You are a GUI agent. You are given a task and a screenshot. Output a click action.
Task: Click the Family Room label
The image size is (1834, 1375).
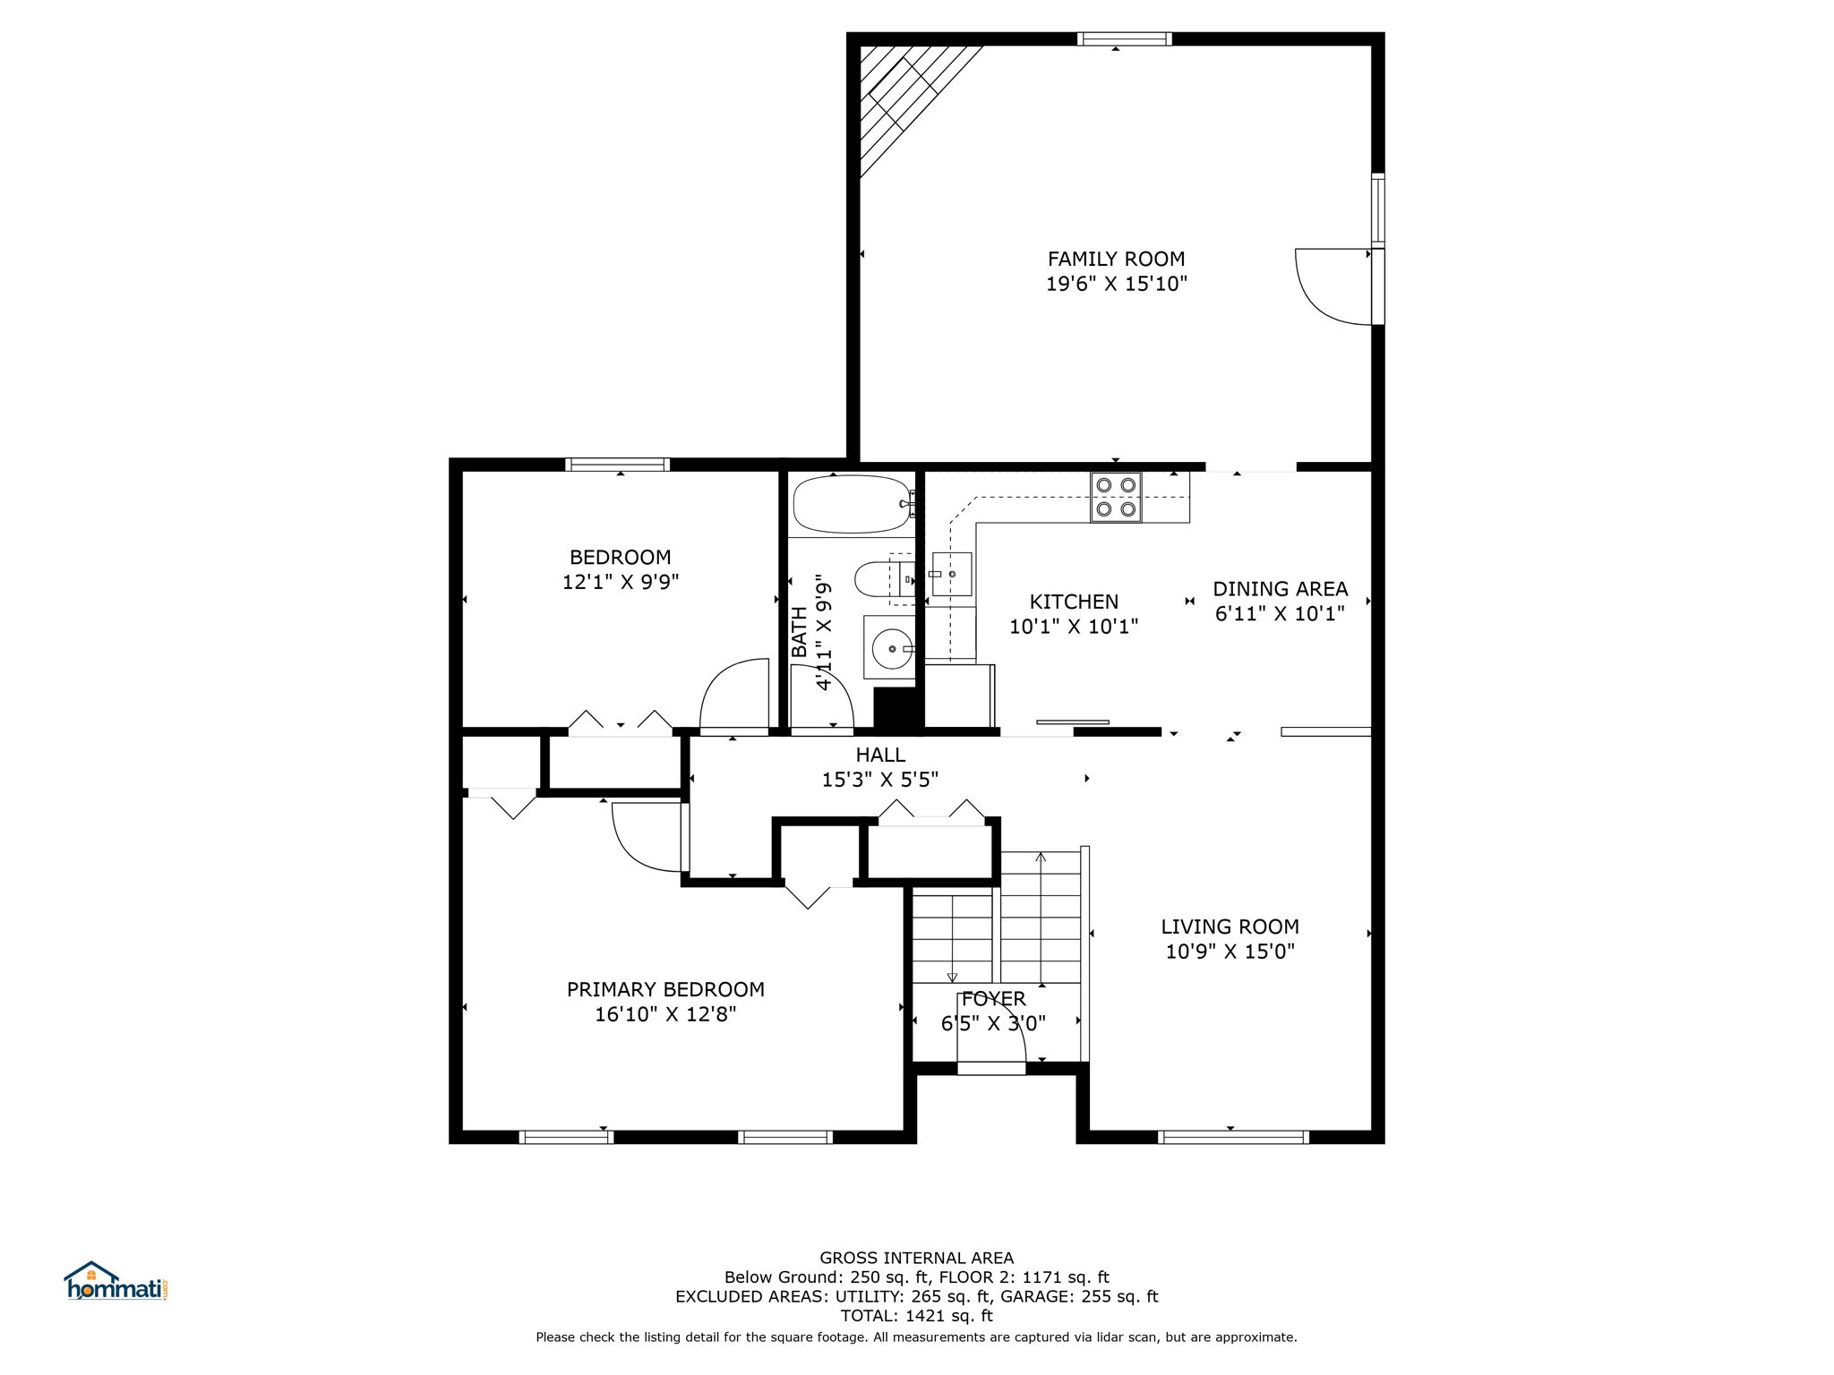[1116, 259]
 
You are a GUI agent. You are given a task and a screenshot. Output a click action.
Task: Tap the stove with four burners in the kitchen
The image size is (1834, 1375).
[1116, 497]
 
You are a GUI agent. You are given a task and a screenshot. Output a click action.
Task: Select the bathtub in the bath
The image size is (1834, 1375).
[853, 504]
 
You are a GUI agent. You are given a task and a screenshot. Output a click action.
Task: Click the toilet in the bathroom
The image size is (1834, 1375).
[885, 578]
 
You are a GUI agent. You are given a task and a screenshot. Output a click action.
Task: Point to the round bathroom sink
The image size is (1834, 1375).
[890, 646]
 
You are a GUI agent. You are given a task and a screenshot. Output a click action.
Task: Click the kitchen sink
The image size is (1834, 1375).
[951, 574]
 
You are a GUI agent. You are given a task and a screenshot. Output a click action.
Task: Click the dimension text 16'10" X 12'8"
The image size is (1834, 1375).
[665, 1014]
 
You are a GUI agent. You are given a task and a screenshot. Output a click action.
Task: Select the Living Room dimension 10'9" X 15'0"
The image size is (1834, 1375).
[1230, 952]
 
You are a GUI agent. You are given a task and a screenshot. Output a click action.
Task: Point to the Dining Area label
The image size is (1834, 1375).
[1280, 589]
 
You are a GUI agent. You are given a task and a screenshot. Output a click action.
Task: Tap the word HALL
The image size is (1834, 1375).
[880, 755]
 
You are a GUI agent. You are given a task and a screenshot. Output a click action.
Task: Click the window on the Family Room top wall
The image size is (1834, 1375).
[1124, 38]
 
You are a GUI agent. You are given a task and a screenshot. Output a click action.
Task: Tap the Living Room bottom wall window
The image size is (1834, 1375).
[1232, 1137]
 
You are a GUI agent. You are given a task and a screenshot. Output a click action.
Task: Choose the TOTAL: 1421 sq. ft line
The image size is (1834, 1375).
[916, 1316]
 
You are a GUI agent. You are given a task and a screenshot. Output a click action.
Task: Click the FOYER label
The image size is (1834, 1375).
[993, 999]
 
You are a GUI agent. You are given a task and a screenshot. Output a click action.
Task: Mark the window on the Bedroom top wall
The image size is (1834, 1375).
[618, 465]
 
